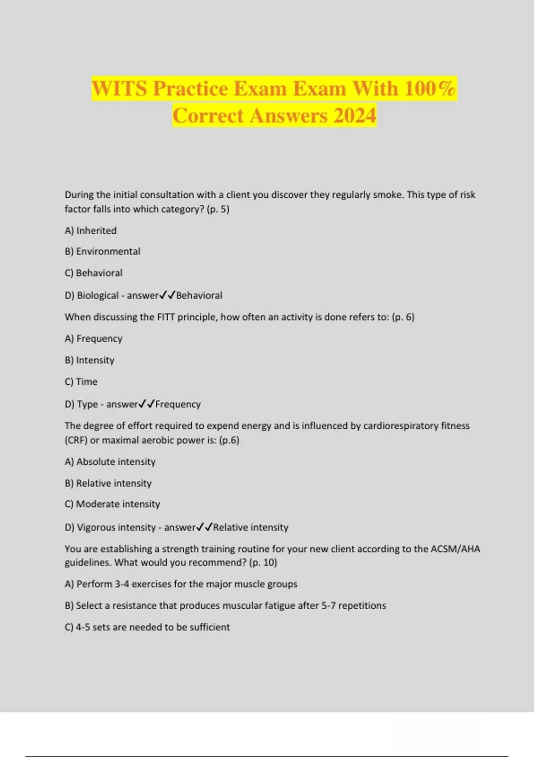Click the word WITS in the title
119,88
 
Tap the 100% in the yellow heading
430,88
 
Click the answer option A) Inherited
90,231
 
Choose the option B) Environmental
102,252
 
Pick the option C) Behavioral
93,273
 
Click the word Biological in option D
98,295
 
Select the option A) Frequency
93,338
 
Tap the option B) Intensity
89,360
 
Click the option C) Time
81,382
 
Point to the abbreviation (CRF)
76,440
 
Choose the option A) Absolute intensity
110,462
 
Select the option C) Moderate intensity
112,504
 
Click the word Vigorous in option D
93,528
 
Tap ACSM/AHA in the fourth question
455,549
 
